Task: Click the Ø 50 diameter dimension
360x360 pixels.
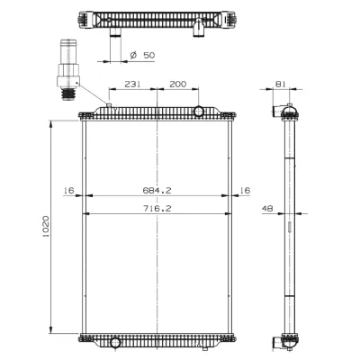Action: pos(143,56)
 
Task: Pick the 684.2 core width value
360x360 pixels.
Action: pos(157,190)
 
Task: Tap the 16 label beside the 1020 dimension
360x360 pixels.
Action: pos(68,190)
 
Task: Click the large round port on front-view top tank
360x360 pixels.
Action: pos(200,111)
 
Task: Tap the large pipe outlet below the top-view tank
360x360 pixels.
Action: pos(115,34)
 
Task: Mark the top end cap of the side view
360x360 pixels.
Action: pos(290,111)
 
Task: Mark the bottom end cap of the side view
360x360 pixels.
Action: pos(290,339)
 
